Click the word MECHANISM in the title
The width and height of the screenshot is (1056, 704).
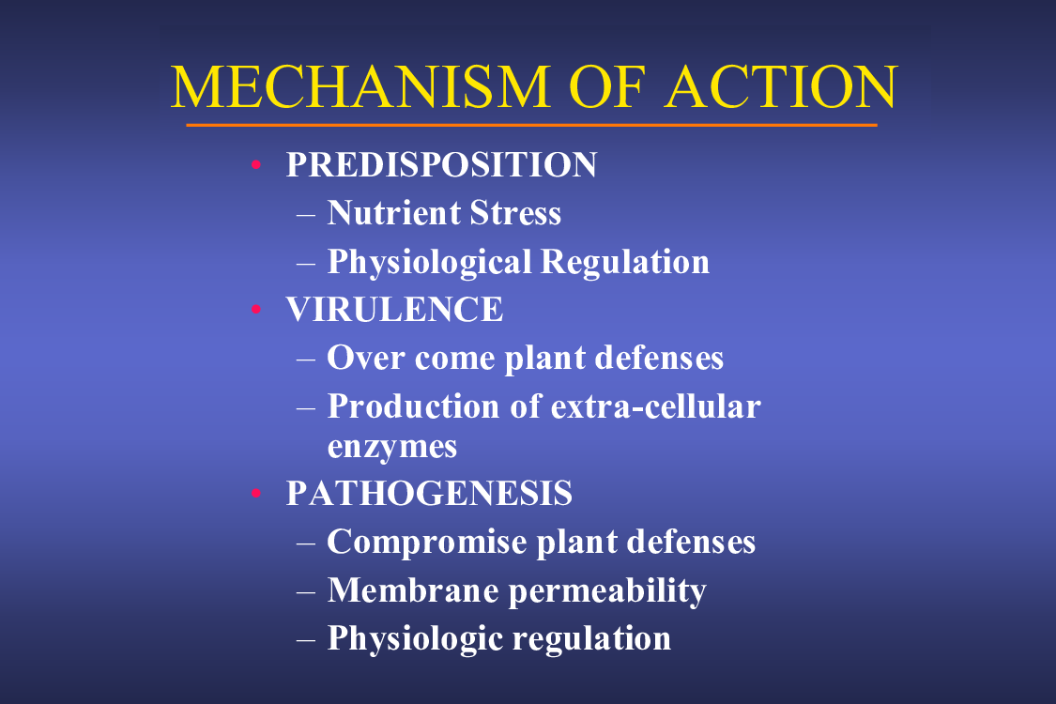tap(361, 87)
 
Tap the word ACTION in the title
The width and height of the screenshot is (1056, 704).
tap(781, 87)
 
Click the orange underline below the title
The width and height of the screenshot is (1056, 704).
tap(531, 125)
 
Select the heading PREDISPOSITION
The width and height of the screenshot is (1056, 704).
tap(441, 164)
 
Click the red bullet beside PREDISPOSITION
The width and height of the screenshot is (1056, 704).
tap(256, 164)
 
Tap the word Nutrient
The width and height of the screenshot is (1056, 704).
tap(393, 213)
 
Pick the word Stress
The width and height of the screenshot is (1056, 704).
tap(515, 213)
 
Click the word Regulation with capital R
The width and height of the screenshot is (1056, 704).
tap(625, 261)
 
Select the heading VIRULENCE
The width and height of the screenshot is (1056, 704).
tap(394, 310)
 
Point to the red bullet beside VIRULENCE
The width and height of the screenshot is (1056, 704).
tap(256, 310)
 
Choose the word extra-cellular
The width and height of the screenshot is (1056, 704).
tap(655, 406)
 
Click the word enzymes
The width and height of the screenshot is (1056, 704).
tap(392, 448)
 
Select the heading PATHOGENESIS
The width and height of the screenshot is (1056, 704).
tap(429, 493)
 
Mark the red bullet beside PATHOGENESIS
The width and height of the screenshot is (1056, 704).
tap(256, 493)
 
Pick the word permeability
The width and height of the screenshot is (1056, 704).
tap(607, 591)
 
